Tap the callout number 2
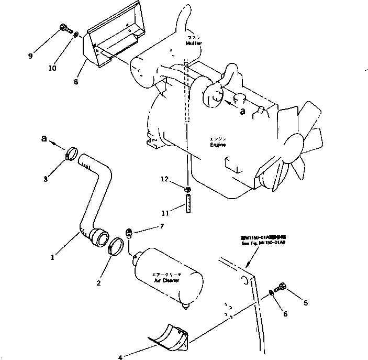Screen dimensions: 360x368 point(98,283)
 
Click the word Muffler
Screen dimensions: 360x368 point(193,44)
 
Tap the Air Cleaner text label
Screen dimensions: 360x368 point(166,280)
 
